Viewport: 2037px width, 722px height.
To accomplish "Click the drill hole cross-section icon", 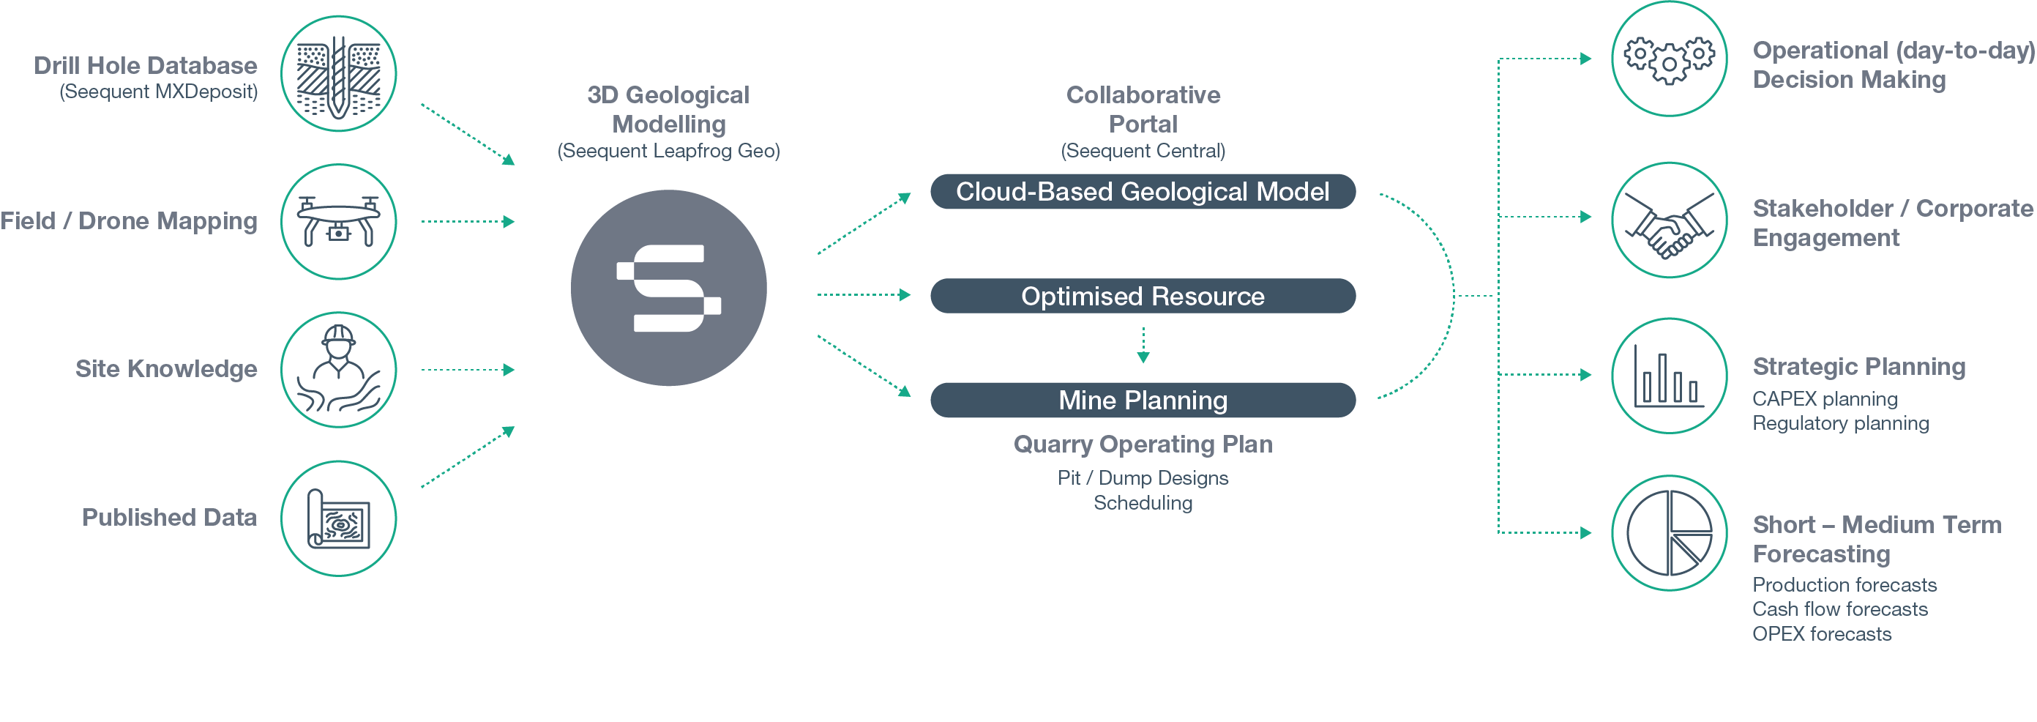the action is [x=338, y=75].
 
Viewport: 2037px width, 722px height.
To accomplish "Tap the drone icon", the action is [x=338, y=221].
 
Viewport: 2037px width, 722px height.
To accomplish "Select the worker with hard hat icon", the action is [x=338, y=370].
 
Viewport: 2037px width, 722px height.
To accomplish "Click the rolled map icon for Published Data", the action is [x=338, y=518].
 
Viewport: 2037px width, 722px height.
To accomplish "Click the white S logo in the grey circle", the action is [x=669, y=288].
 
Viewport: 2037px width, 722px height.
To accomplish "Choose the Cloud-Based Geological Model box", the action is [x=1143, y=191].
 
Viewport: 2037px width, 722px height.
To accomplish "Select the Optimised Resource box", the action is [x=1143, y=296].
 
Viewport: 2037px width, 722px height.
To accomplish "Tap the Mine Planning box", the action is [x=1143, y=400].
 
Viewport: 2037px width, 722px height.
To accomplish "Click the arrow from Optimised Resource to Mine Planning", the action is [x=1143, y=346].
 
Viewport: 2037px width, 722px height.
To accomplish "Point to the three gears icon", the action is [x=1670, y=59].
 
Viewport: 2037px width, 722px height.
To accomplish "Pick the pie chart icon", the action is [x=1670, y=533].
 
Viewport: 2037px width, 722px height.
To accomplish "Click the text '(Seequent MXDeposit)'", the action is [x=159, y=92].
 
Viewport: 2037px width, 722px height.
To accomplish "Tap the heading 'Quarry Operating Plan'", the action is [x=1143, y=444].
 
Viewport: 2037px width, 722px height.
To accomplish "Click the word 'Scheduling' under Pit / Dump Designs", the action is [x=1143, y=503].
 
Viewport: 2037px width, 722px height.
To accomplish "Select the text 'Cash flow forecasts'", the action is [x=1840, y=609].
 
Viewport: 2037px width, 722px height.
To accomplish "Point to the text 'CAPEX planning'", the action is [x=1825, y=398].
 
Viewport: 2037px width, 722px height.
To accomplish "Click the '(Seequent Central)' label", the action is [x=1143, y=151].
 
